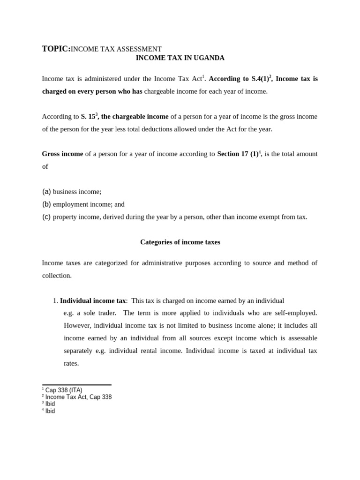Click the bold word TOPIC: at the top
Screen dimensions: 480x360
[56, 49]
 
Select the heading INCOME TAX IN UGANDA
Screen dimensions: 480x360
[180, 58]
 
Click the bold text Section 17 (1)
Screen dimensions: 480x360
[237, 154]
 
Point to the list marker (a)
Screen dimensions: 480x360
[46, 192]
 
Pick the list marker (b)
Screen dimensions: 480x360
[46, 204]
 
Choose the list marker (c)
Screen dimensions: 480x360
[46, 217]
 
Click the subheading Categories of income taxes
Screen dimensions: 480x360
[180, 242]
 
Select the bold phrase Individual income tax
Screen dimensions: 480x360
[93, 300]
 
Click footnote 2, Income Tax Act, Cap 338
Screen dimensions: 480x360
[78, 397]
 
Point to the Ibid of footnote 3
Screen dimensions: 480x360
[50, 404]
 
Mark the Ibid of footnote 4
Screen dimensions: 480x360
[50, 411]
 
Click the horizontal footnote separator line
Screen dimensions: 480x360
[76, 385]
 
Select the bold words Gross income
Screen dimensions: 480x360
[62, 154]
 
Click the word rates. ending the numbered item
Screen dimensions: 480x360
[71, 363]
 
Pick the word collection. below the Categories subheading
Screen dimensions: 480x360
[57, 276]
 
